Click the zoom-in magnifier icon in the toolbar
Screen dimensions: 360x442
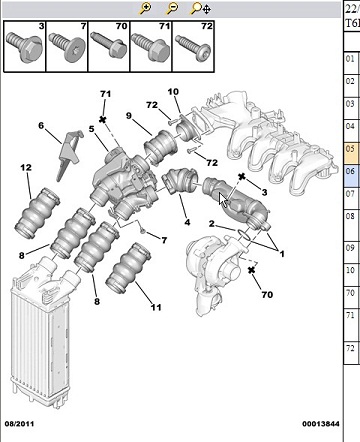tap(145, 8)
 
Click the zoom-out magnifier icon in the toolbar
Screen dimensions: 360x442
tap(172, 8)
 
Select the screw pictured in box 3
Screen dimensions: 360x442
tap(24, 47)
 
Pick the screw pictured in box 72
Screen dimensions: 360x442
tap(193, 48)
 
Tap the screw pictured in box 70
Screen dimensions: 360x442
tap(109, 47)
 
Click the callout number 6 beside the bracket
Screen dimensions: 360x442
tap(41, 126)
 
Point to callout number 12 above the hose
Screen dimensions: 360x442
tap(26, 167)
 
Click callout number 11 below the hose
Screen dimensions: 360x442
tap(156, 307)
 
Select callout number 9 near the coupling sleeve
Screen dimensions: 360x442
tap(129, 116)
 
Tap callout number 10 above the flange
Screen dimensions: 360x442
tap(173, 91)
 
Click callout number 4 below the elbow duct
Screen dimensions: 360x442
tap(187, 222)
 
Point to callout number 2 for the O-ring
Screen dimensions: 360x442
tap(212, 223)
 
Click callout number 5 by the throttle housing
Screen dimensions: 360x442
tap(92, 129)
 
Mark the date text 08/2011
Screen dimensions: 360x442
tap(19, 424)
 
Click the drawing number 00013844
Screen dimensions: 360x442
tap(321, 424)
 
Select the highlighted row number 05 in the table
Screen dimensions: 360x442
tap(350, 149)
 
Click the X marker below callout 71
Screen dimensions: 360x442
tap(103, 119)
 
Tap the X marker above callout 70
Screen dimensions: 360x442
tap(252, 270)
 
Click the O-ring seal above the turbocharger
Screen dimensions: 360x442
tap(244, 234)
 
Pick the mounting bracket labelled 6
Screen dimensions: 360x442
tap(69, 154)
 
